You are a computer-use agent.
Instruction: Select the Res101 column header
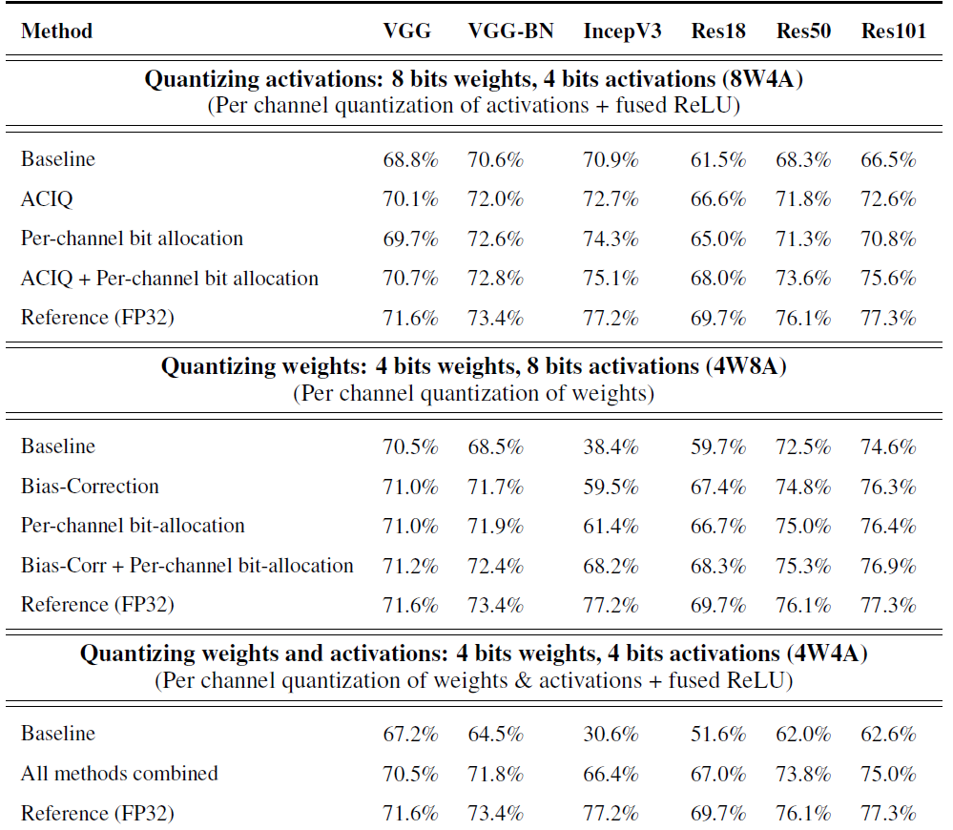point(893,31)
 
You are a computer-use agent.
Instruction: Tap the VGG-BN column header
point(508,31)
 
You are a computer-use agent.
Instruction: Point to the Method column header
point(56,31)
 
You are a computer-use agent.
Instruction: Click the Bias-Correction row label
point(90,487)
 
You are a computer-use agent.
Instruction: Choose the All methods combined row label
point(119,774)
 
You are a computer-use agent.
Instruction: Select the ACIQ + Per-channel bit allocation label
point(170,279)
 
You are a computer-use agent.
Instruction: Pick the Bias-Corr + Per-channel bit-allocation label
point(187,566)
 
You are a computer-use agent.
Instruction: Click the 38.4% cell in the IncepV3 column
point(611,446)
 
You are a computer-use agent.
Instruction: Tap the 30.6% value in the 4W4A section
point(611,735)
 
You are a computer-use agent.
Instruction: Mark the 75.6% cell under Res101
point(888,279)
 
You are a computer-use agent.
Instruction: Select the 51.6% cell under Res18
point(717,735)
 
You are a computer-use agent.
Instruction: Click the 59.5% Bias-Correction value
point(611,487)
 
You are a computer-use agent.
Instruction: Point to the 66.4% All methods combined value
point(611,774)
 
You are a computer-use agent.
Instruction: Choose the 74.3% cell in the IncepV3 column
point(611,239)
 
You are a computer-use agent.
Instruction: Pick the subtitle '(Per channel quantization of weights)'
point(473,393)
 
